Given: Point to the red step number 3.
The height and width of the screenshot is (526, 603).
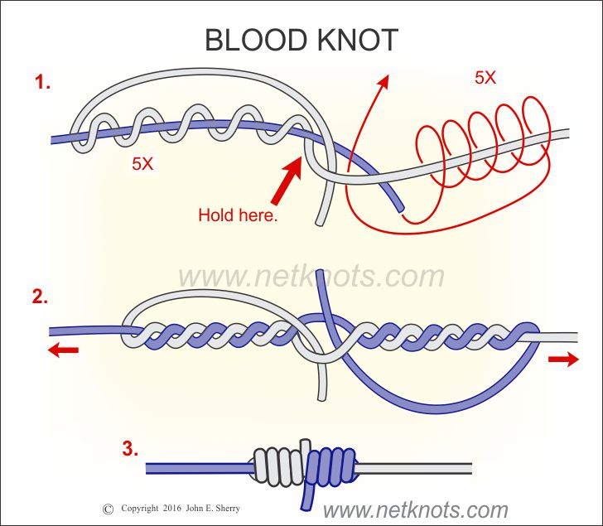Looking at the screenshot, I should (x=129, y=450).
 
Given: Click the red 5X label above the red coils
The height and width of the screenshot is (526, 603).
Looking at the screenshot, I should (x=485, y=80).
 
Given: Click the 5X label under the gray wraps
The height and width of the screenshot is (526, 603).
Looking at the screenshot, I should (x=142, y=164).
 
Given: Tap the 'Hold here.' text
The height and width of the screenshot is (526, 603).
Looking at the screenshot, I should (x=238, y=216).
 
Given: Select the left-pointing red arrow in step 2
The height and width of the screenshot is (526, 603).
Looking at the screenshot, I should (x=63, y=351).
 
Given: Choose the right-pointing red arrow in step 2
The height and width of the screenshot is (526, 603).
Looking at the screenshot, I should (x=564, y=360).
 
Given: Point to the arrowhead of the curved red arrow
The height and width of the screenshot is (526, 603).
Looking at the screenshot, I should (x=383, y=80).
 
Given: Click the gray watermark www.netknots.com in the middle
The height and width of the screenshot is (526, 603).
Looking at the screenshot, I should (x=311, y=276).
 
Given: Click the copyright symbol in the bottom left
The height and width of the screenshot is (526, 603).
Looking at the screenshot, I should (x=107, y=509).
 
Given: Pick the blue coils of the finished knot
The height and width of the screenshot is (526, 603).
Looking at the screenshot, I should (x=331, y=468).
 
